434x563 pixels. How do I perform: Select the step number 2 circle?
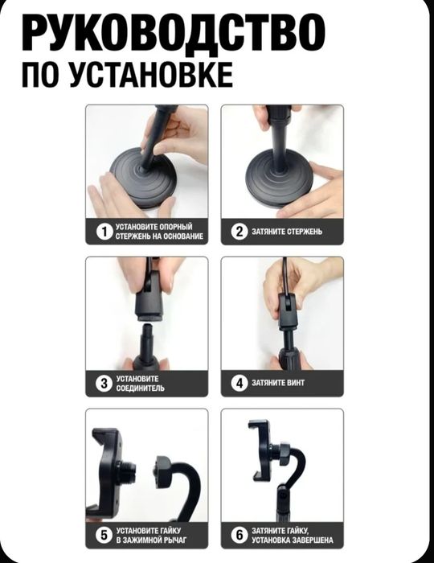click(239, 232)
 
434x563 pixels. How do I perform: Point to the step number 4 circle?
click(239, 384)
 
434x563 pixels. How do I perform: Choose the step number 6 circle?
click(239, 535)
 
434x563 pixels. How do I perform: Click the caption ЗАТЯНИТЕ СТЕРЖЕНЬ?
click(287, 232)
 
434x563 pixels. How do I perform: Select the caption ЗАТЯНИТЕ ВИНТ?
click(278, 384)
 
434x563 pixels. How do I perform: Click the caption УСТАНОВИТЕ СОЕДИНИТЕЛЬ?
click(141, 384)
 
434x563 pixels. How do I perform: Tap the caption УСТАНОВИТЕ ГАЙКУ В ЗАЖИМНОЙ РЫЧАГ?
click(153, 535)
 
